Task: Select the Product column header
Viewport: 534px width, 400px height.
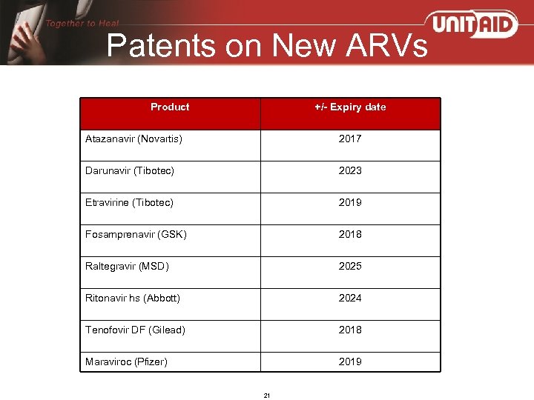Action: click(x=170, y=107)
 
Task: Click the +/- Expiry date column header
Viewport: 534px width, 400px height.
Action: click(x=350, y=107)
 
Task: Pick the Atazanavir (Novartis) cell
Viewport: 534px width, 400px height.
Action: click(x=133, y=139)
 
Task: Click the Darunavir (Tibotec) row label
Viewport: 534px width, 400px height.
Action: click(x=130, y=171)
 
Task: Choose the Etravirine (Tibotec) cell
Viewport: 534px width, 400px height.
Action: click(x=129, y=203)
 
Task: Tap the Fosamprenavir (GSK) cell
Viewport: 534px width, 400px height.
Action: click(x=136, y=235)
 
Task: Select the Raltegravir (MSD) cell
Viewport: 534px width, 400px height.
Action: click(x=127, y=267)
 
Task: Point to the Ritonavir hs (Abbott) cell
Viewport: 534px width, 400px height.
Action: click(x=133, y=299)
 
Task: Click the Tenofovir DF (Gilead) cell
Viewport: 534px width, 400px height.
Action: click(x=135, y=330)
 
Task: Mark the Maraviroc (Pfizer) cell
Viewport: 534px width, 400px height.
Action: click(x=126, y=362)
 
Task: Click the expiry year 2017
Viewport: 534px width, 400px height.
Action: click(x=350, y=139)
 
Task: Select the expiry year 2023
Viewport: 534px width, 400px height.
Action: click(x=350, y=171)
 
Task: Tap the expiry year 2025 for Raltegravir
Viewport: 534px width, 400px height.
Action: click(x=350, y=267)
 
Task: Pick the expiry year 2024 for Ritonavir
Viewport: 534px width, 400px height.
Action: click(x=350, y=299)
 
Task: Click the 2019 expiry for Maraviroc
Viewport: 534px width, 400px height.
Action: click(x=350, y=362)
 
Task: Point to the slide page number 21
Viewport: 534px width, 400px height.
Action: click(x=267, y=395)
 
